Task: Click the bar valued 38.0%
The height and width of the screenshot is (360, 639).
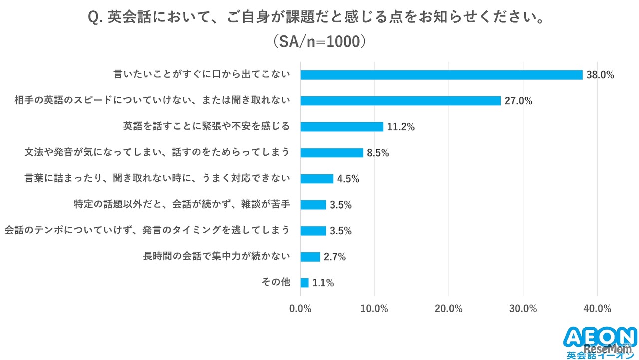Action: point(441,75)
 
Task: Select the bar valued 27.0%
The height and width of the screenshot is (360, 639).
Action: point(400,101)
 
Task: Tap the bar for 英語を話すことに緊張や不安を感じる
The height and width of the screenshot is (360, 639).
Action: point(341,127)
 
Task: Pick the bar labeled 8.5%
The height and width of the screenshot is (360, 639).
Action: point(331,153)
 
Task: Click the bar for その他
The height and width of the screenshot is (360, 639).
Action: point(304,283)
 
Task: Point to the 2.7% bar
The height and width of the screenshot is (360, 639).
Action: point(310,257)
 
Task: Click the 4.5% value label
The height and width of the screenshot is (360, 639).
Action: point(348,179)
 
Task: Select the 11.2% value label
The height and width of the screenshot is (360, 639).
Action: point(401,127)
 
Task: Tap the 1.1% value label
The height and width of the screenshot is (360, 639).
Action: point(323,283)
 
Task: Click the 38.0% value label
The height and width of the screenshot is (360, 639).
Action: point(600,75)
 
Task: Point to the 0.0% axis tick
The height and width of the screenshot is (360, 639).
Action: point(300,309)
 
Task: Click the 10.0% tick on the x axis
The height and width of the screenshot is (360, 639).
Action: point(374,309)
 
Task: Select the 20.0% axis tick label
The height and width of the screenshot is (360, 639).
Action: point(448,309)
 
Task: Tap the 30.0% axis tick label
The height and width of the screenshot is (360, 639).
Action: point(523,309)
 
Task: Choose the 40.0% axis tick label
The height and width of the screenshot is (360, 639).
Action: point(597,309)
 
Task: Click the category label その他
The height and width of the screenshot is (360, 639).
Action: point(276,282)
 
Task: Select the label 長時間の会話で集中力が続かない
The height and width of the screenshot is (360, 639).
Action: point(216,256)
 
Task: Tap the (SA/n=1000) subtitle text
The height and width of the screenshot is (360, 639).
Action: point(319,42)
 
